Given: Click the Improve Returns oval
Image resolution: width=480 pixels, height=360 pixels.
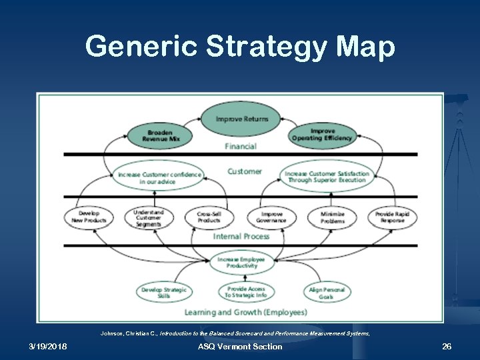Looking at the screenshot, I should pyautogui.click(x=242, y=119).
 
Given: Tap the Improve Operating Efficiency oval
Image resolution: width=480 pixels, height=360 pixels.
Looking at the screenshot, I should pyautogui.click(x=322, y=135).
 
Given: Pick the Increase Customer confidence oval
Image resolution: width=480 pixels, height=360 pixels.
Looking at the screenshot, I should pyautogui.click(x=159, y=177).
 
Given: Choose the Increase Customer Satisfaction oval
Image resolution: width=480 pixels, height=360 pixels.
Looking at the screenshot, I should pyautogui.click(x=327, y=177).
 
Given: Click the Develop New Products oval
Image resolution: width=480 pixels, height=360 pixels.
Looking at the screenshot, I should pyautogui.click(x=89, y=217).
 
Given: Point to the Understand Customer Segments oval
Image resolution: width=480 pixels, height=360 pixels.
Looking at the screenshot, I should pyautogui.click(x=148, y=217).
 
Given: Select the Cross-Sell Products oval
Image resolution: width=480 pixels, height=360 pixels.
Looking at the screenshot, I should pyautogui.click(x=209, y=217).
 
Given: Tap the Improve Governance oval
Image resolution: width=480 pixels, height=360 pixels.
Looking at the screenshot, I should pyautogui.click(x=271, y=217).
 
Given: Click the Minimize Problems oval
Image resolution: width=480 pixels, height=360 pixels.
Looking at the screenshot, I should pyautogui.click(x=332, y=217).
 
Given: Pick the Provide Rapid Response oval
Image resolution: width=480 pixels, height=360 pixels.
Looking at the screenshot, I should pyautogui.click(x=392, y=217).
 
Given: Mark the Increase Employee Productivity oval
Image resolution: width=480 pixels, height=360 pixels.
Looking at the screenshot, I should pyautogui.click(x=241, y=262).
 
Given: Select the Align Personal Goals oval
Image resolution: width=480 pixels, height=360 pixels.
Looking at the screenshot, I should pyautogui.click(x=326, y=292).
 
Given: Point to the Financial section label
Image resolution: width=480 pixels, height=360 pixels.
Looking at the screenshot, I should pyautogui.click(x=241, y=147).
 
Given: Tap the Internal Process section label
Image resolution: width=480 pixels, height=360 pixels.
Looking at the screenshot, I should pyautogui.click(x=241, y=236).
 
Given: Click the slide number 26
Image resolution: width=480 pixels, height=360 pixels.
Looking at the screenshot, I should pyautogui.click(x=447, y=347).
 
